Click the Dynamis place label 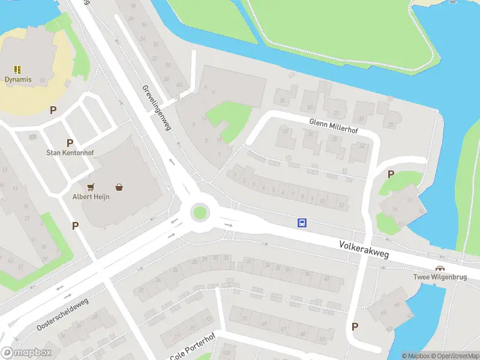[x=18, y=79]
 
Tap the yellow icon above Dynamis [x=18, y=69]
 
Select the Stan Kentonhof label [x=70, y=153]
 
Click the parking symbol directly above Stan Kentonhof [x=70, y=143]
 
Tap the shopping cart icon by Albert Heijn [x=91, y=187]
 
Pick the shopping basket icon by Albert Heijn [x=120, y=187]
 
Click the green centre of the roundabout [x=200, y=212]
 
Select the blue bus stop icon [x=302, y=223]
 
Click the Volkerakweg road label [x=364, y=250]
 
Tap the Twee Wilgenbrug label [x=440, y=277]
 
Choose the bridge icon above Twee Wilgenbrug [x=440, y=268]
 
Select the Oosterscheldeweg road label [x=62, y=313]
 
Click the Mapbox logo [x=26, y=353]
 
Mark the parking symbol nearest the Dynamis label [x=53, y=110]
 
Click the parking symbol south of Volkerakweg [x=355, y=326]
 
